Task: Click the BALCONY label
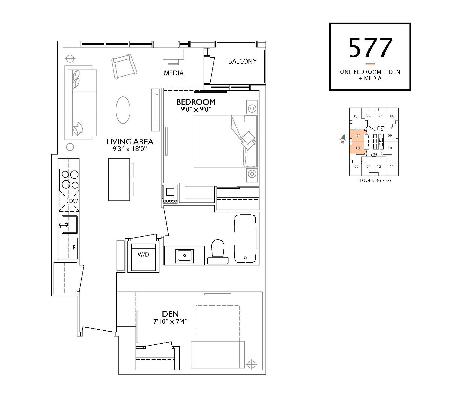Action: click(242, 61)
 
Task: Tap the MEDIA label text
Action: click(174, 73)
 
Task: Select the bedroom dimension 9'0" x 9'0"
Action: click(196, 109)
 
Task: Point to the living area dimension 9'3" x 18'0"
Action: click(130, 149)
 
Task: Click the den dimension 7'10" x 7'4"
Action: click(170, 322)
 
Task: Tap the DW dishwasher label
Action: click(74, 201)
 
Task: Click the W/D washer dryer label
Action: click(143, 255)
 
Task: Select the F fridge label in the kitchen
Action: click(74, 247)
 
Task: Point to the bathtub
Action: click(245, 239)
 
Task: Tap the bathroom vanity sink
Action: click(185, 256)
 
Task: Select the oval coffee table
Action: click(123, 110)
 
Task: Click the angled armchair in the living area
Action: click(124, 66)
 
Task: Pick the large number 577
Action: click(370, 48)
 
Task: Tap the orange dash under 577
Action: click(370, 63)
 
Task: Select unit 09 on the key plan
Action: click(390, 136)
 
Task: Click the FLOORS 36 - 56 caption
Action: click(374, 180)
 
